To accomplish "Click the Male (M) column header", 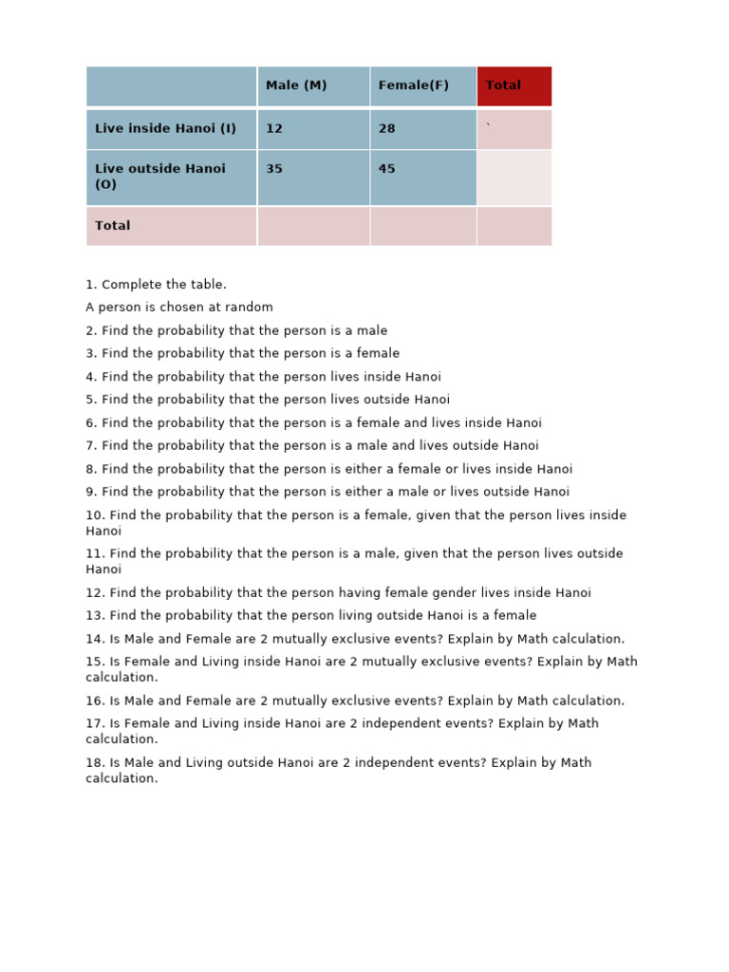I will point(296,85).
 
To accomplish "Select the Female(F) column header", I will point(413,85).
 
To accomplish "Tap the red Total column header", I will point(504,85).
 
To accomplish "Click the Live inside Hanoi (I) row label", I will point(165,128).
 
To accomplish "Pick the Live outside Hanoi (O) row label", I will point(160,177).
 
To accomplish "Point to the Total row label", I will point(113,226).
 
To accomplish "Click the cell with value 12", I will point(274,129).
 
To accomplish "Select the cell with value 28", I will point(387,129).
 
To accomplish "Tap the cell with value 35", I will point(274,169).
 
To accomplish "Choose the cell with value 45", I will point(387,169).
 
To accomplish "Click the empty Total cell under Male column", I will point(313,226).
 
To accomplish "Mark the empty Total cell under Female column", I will point(423,226).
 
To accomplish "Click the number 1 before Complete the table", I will point(90,285).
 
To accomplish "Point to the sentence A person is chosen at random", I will point(179,308).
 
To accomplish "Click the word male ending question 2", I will point(371,330).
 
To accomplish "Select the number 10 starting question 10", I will point(93,515).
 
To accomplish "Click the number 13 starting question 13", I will point(93,616).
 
